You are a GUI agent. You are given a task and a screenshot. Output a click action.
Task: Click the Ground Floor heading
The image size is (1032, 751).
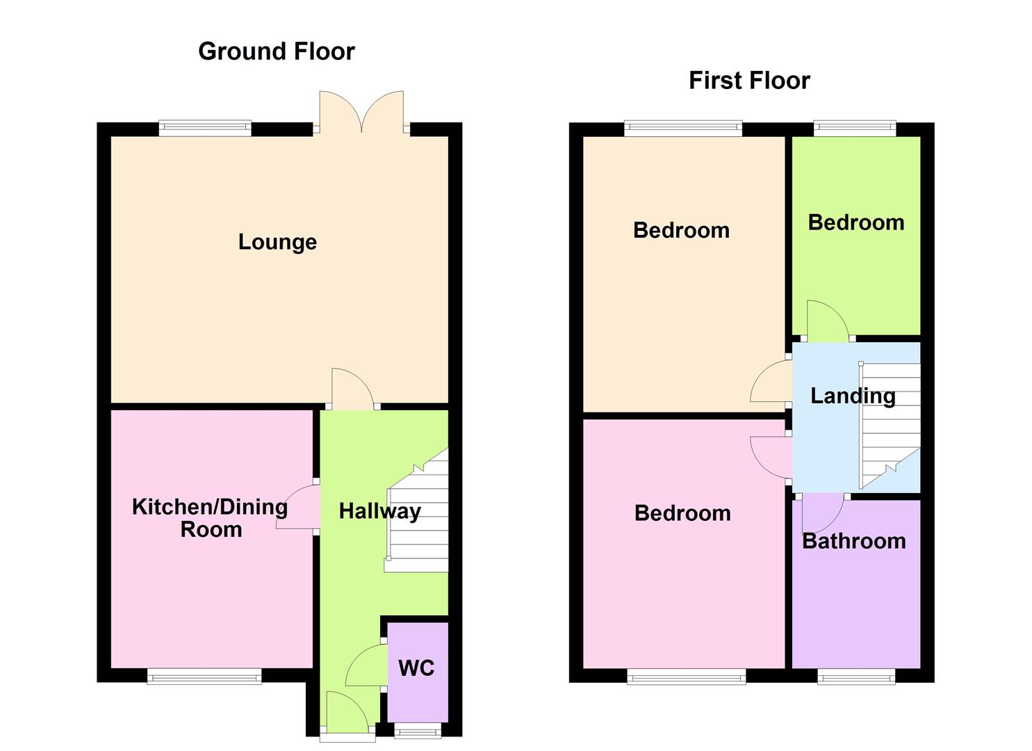point(276,51)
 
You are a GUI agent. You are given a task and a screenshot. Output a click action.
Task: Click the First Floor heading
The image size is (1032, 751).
point(748,81)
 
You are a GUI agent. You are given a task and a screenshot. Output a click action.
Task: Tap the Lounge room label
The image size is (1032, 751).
point(277,242)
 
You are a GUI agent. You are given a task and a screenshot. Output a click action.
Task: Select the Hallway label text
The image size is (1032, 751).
point(379,511)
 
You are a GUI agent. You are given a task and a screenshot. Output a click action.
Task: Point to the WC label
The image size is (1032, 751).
point(416,668)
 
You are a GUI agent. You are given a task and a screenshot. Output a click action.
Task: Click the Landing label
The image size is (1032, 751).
point(852,396)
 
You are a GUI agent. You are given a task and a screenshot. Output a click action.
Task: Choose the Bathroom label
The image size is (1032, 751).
point(853,541)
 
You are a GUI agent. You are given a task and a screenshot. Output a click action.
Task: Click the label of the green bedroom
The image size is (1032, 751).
point(855,223)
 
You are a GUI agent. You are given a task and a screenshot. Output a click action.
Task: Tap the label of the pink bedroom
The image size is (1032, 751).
point(682,513)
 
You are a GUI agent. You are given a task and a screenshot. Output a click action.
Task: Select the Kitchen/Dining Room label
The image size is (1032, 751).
point(210,518)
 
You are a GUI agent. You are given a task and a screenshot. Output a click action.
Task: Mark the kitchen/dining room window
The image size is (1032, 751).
point(204,675)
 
